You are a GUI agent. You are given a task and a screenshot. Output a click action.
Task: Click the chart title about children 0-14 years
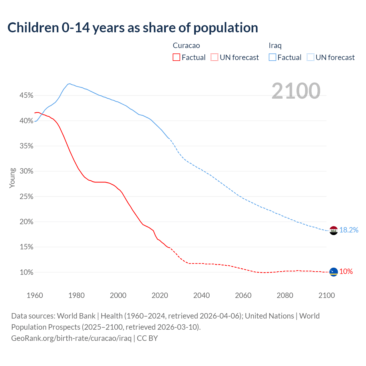coord(133,28)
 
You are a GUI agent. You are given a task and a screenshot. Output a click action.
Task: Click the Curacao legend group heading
coord(186,45)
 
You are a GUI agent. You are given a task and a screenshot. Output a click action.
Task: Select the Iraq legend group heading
coord(275,45)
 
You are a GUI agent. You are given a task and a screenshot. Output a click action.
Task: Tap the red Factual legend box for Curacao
coord(176,57)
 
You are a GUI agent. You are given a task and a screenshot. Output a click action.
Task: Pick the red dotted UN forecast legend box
coord(214,57)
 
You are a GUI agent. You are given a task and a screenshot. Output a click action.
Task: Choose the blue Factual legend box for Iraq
coord(272,57)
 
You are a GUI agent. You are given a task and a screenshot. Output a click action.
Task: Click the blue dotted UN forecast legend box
coord(311,57)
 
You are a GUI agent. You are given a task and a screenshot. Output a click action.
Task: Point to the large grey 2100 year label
coord(296,91)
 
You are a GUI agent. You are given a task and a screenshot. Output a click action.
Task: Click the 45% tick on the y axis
coord(26,96)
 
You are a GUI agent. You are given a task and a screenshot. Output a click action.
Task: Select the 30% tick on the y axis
coord(26,171)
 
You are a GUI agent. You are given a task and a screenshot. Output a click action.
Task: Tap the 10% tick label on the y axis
coord(26,272)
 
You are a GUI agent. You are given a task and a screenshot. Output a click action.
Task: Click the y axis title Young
coord(12,178)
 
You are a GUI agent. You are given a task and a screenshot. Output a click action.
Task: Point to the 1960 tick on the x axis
coord(35,295)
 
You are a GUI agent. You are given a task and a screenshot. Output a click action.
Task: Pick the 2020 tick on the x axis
coord(160,295)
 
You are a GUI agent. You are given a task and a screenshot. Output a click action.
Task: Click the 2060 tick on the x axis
coord(243,295)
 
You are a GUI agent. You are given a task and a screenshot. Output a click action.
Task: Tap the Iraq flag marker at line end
coord(334,230)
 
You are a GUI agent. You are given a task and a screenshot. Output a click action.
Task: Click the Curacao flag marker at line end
coord(334,272)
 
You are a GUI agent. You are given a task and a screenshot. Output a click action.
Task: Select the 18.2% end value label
coord(349,230)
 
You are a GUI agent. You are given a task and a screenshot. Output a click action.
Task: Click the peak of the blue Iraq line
coord(70,84)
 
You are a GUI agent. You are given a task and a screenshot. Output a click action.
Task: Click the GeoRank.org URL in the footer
coord(71,338)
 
